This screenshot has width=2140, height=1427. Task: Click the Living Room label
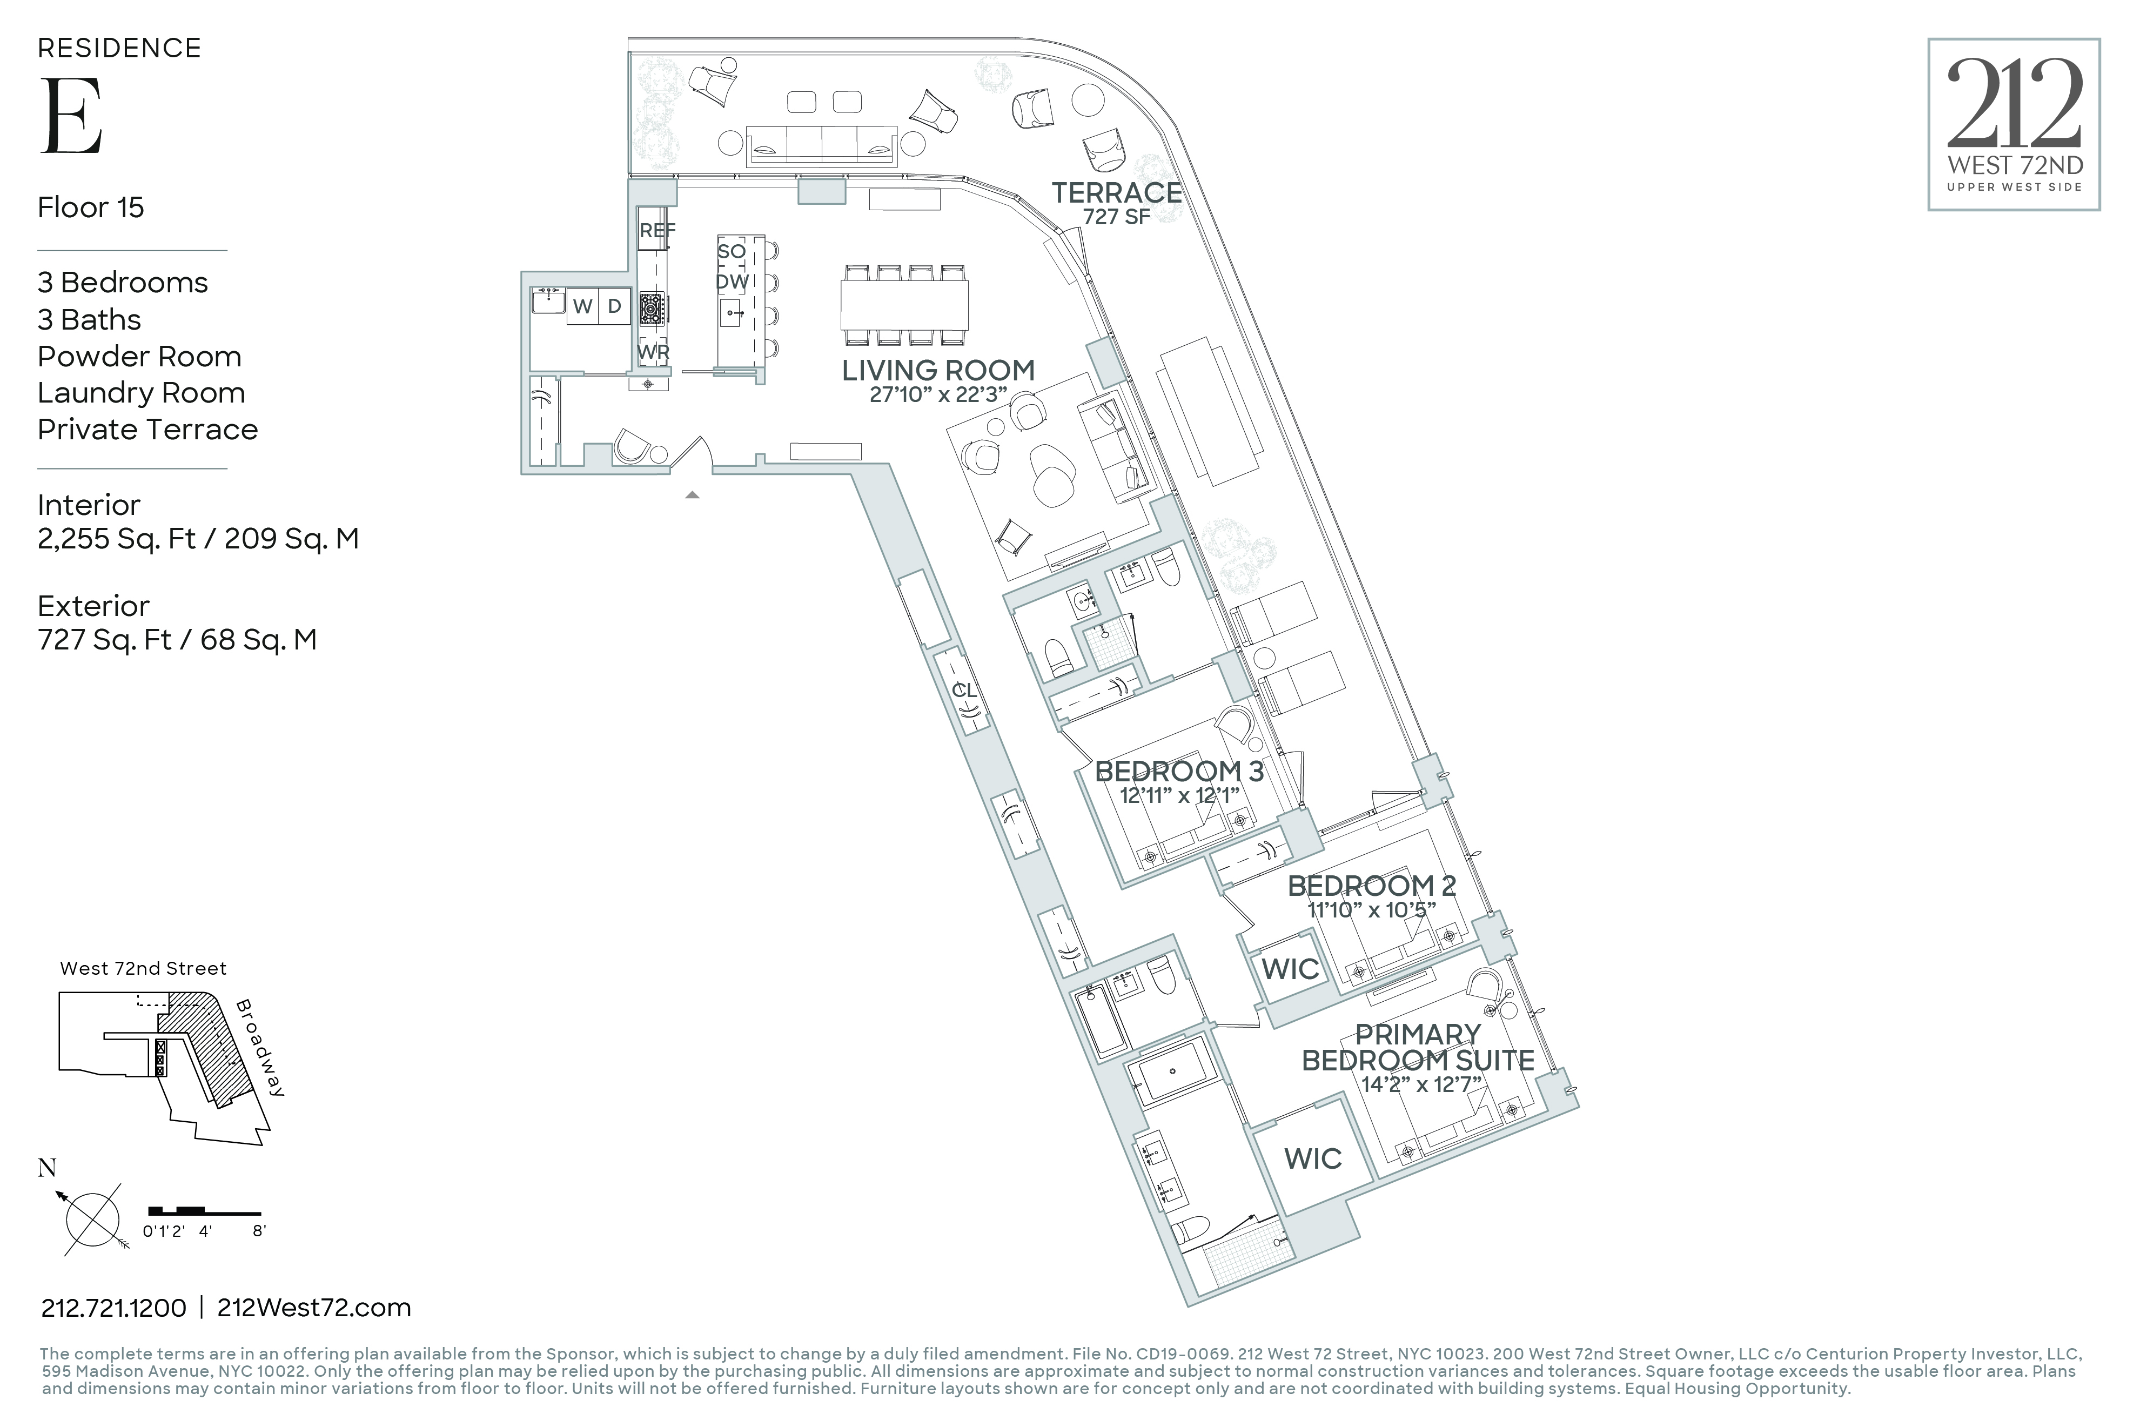tap(938, 371)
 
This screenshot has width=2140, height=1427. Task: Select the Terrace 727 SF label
tap(1116, 202)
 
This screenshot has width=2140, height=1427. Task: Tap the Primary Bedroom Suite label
tap(1418, 1048)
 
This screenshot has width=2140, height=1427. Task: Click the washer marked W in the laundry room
tap(582, 307)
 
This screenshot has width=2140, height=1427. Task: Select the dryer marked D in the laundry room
tap(614, 307)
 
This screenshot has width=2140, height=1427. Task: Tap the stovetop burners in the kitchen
tap(652, 309)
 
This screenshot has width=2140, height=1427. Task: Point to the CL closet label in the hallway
tap(964, 691)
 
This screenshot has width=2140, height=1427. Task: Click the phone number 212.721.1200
tap(114, 1308)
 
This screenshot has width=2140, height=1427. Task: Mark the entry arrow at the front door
tap(693, 495)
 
